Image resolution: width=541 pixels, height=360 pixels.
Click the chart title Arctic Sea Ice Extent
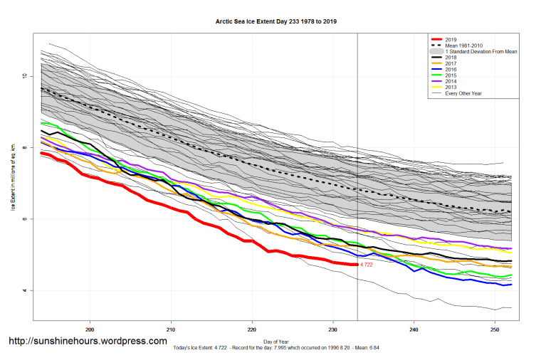point(276,21)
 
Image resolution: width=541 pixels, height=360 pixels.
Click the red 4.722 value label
point(367,265)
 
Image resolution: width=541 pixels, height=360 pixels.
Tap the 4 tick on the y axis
point(25,290)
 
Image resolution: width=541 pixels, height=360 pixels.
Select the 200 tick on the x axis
point(90,330)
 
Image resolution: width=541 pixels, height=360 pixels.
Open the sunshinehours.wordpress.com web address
point(88,342)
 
